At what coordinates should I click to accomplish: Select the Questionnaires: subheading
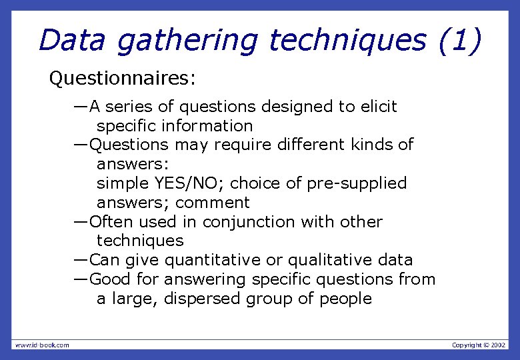click(123, 79)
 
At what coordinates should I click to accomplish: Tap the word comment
click(213, 203)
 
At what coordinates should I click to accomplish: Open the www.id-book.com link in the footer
click(41, 345)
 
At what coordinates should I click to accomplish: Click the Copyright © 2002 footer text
click(479, 345)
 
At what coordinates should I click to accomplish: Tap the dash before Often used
click(81, 221)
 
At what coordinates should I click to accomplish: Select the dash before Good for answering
click(81, 279)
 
